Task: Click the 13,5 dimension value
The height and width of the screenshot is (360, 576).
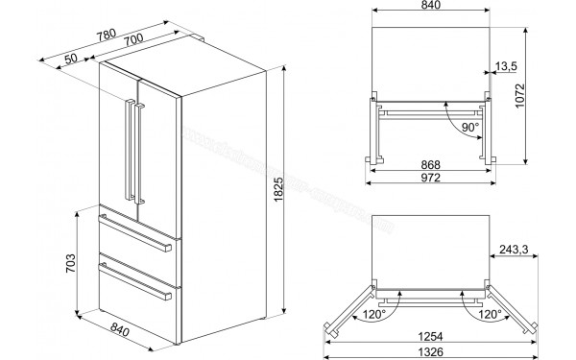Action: pos(508,66)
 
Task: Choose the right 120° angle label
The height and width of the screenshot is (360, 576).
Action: pos(491,313)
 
